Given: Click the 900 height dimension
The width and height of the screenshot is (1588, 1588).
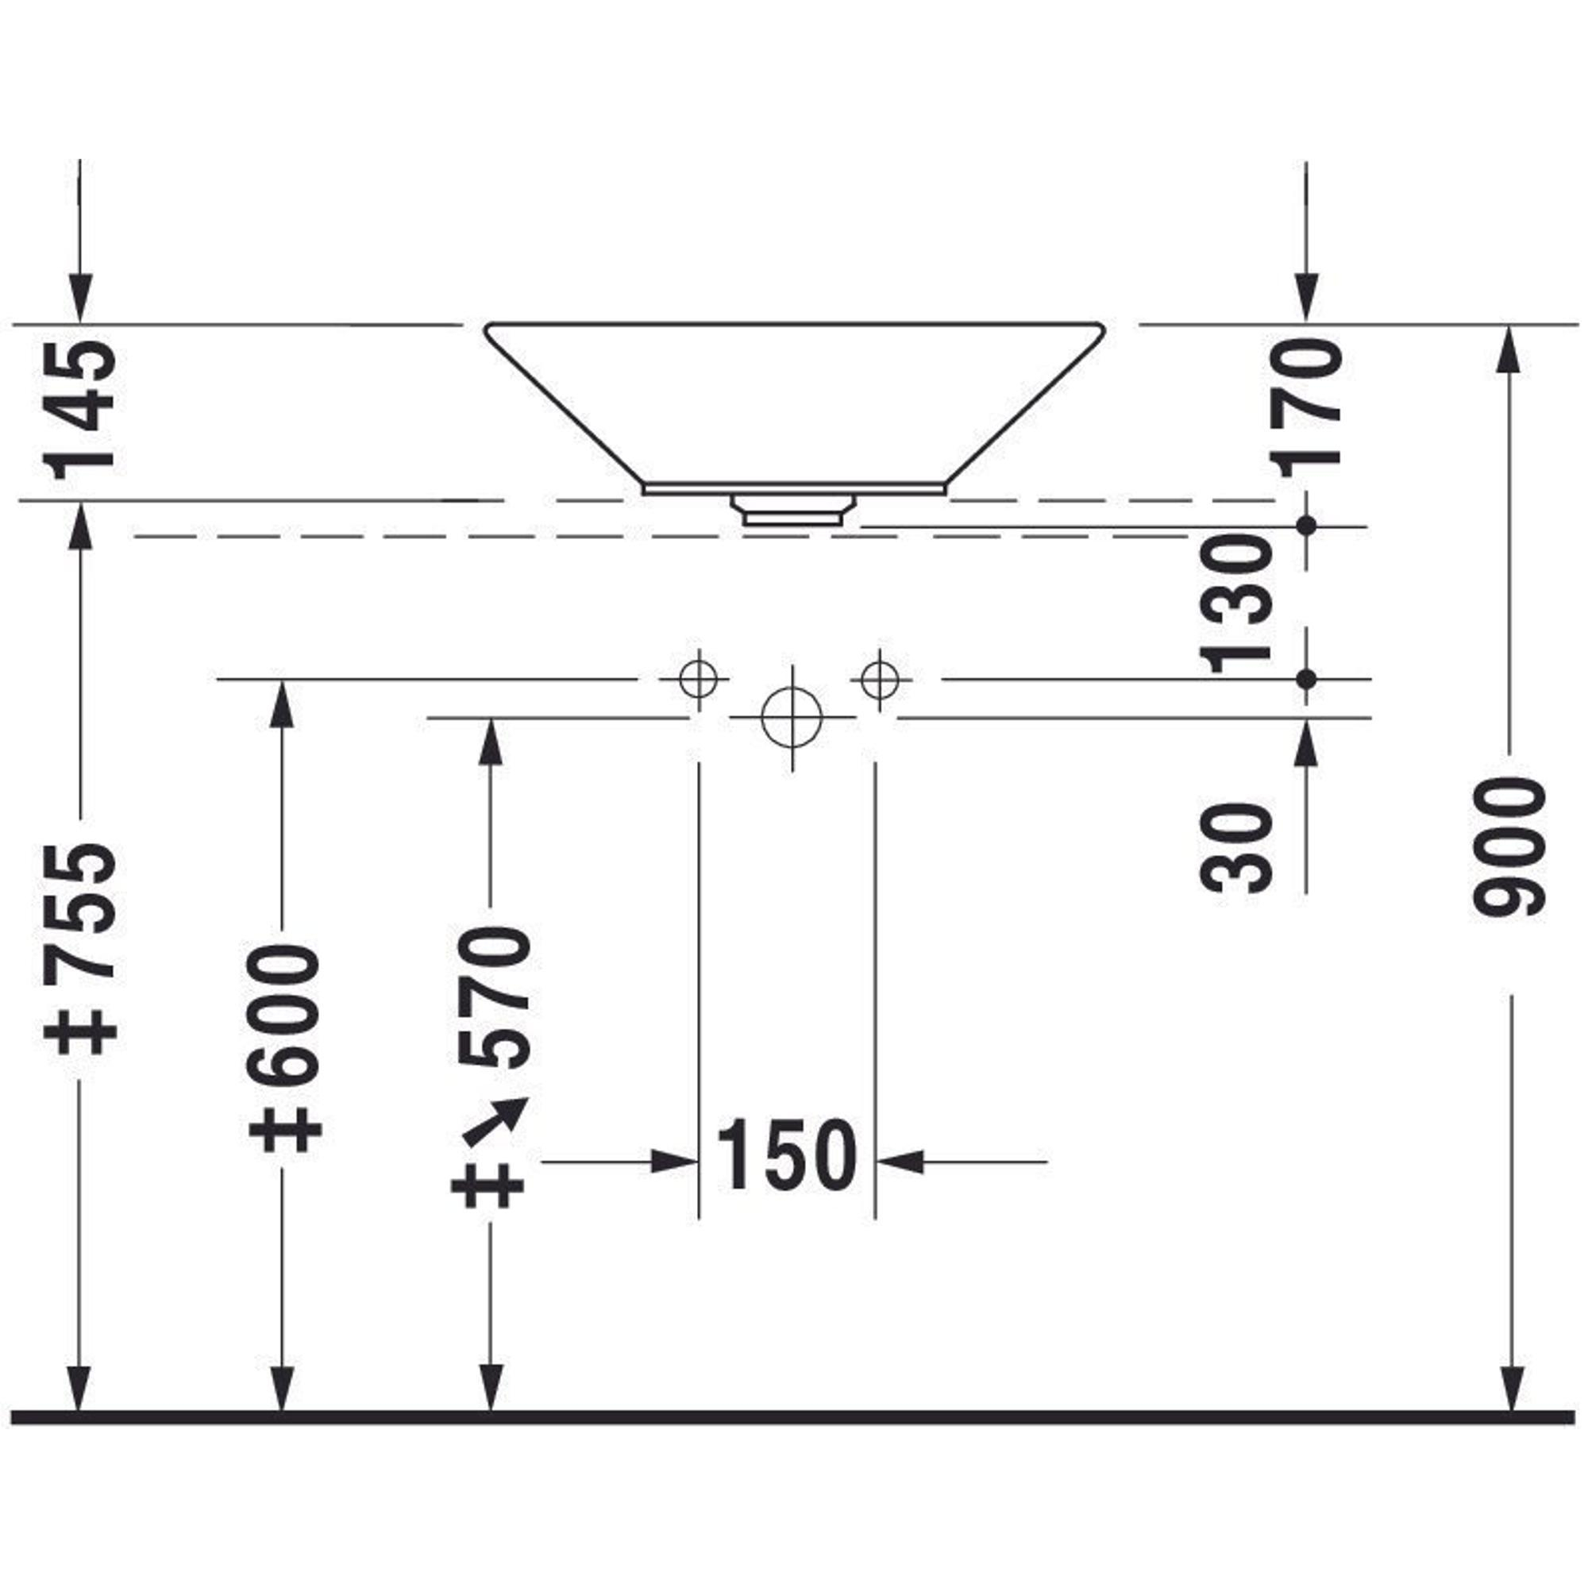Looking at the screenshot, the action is click(1511, 847).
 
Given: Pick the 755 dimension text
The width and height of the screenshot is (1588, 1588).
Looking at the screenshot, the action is click(80, 912).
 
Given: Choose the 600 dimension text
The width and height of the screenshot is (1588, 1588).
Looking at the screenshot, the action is click(283, 1014).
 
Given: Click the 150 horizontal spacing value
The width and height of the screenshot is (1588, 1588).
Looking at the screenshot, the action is click(787, 1154).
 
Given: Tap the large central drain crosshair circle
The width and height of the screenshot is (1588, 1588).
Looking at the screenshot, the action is click(792, 718).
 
